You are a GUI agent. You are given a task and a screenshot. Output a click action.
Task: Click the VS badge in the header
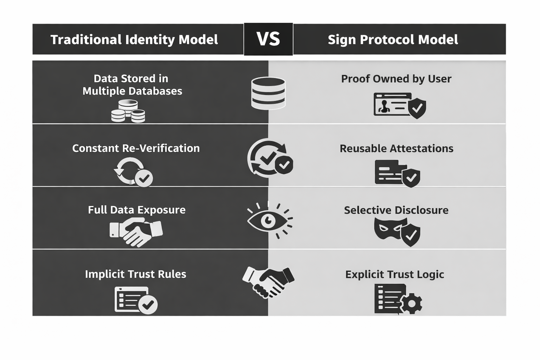(x=268, y=39)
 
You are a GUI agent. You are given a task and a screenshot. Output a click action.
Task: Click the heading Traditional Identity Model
(x=134, y=39)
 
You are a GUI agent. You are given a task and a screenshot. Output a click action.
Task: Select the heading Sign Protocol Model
(x=393, y=39)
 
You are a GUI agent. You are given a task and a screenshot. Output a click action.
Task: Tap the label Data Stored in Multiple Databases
(x=132, y=85)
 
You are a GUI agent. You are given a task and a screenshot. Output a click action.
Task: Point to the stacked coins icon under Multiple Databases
(x=128, y=111)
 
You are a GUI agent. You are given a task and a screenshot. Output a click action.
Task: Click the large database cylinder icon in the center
(x=268, y=93)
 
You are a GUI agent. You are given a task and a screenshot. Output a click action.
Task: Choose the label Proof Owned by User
(x=396, y=79)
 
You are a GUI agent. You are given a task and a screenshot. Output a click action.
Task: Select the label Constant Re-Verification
(x=136, y=148)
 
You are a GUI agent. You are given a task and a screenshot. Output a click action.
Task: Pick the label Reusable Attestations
(x=396, y=148)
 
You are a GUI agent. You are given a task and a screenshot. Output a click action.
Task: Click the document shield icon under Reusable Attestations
(x=397, y=173)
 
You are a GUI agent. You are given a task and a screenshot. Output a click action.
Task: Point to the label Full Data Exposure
(x=136, y=210)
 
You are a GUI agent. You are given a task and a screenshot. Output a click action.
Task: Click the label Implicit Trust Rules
(x=135, y=274)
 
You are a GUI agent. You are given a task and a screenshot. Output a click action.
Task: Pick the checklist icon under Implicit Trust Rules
(x=135, y=300)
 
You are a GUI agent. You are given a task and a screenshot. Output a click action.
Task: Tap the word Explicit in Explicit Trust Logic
(x=361, y=275)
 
